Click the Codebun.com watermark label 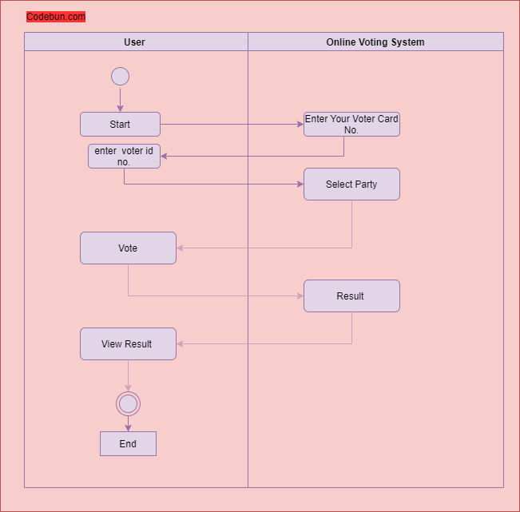pyautogui.click(x=56, y=17)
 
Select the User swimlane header pyautogui.click(x=136, y=42)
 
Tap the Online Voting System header pyautogui.click(x=375, y=42)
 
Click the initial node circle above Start pyautogui.click(x=120, y=76)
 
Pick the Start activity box pyautogui.click(x=120, y=124)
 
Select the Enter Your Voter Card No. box pyautogui.click(x=351, y=124)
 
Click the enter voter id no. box pyautogui.click(x=124, y=157)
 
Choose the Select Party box pyautogui.click(x=351, y=184)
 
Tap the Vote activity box pyautogui.click(x=128, y=248)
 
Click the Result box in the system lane pyautogui.click(x=351, y=296)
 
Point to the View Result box pyautogui.click(x=128, y=344)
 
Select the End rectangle pyautogui.click(x=128, y=443)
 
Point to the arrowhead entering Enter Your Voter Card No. pyautogui.click(x=300, y=125)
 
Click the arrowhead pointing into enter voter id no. pyautogui.click(x=164, y=157)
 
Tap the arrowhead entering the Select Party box pyautogui.click(x=300, y=184)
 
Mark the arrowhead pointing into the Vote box pyautogui.click(x=180, y=248)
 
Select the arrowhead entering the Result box pyautogui.click(x=300, y=296)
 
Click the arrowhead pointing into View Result pyautogui.click(x=180, y=344)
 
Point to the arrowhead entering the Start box pyautogui.click(x=120, y=109)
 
